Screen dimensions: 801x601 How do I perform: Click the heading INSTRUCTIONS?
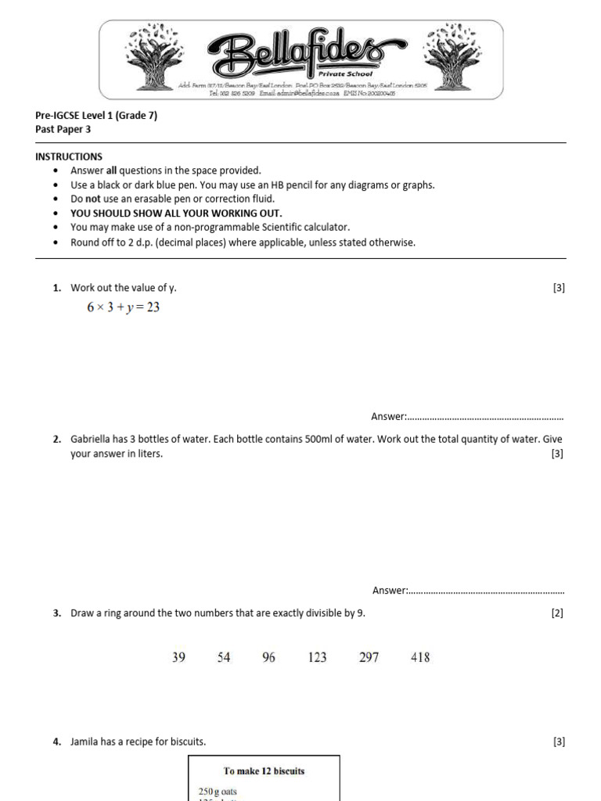tap(69, 156)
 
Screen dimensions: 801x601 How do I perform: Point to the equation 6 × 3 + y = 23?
tap(123, 307)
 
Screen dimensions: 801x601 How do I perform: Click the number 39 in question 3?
tap(178, 658)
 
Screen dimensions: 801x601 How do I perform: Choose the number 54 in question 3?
tap(224, 658)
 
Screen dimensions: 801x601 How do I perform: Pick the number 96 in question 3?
tap(268, 658)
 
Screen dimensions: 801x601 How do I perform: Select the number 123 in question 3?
tap(317, 658)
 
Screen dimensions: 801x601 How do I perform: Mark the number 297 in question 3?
tap(369, 658)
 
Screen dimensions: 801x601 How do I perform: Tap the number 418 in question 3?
tap(420, 658)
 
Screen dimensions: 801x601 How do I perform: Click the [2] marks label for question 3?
tap(557, 613)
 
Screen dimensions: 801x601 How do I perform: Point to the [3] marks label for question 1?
tap(558, 288)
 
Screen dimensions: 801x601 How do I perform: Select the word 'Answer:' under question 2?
tap(390, 591)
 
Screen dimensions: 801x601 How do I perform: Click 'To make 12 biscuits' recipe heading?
tap(264, 770)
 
